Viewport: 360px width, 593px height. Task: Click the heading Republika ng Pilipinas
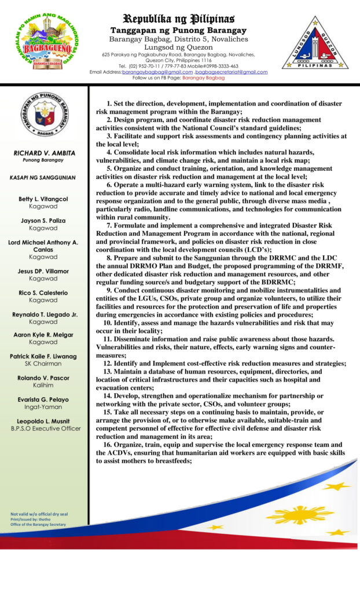click(178, 19)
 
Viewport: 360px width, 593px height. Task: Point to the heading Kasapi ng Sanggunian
click(43, 177)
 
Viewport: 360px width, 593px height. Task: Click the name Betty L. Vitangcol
click(43, 199)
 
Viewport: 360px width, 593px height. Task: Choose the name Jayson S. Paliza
click(43, 221)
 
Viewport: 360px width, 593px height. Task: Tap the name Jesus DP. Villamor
click(43, 271)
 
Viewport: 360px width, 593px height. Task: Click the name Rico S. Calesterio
click(43, 292)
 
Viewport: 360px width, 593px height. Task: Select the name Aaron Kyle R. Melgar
click(43, 335)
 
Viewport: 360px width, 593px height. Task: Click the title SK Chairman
click(43, 363)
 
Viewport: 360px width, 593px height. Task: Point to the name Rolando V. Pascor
click(43, 378)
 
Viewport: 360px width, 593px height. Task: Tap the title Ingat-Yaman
click(43, 407)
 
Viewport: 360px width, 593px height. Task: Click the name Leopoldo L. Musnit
click(43, 421)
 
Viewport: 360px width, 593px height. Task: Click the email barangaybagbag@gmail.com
click(157, 72)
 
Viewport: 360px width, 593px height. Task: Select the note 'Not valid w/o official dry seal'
click(38, 514)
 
